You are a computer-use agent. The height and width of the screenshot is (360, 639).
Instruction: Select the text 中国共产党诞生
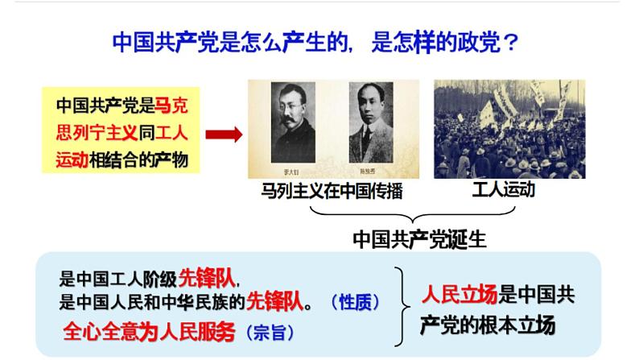(419, 238)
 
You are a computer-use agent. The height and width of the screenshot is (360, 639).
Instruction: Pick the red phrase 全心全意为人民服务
(148, 331)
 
